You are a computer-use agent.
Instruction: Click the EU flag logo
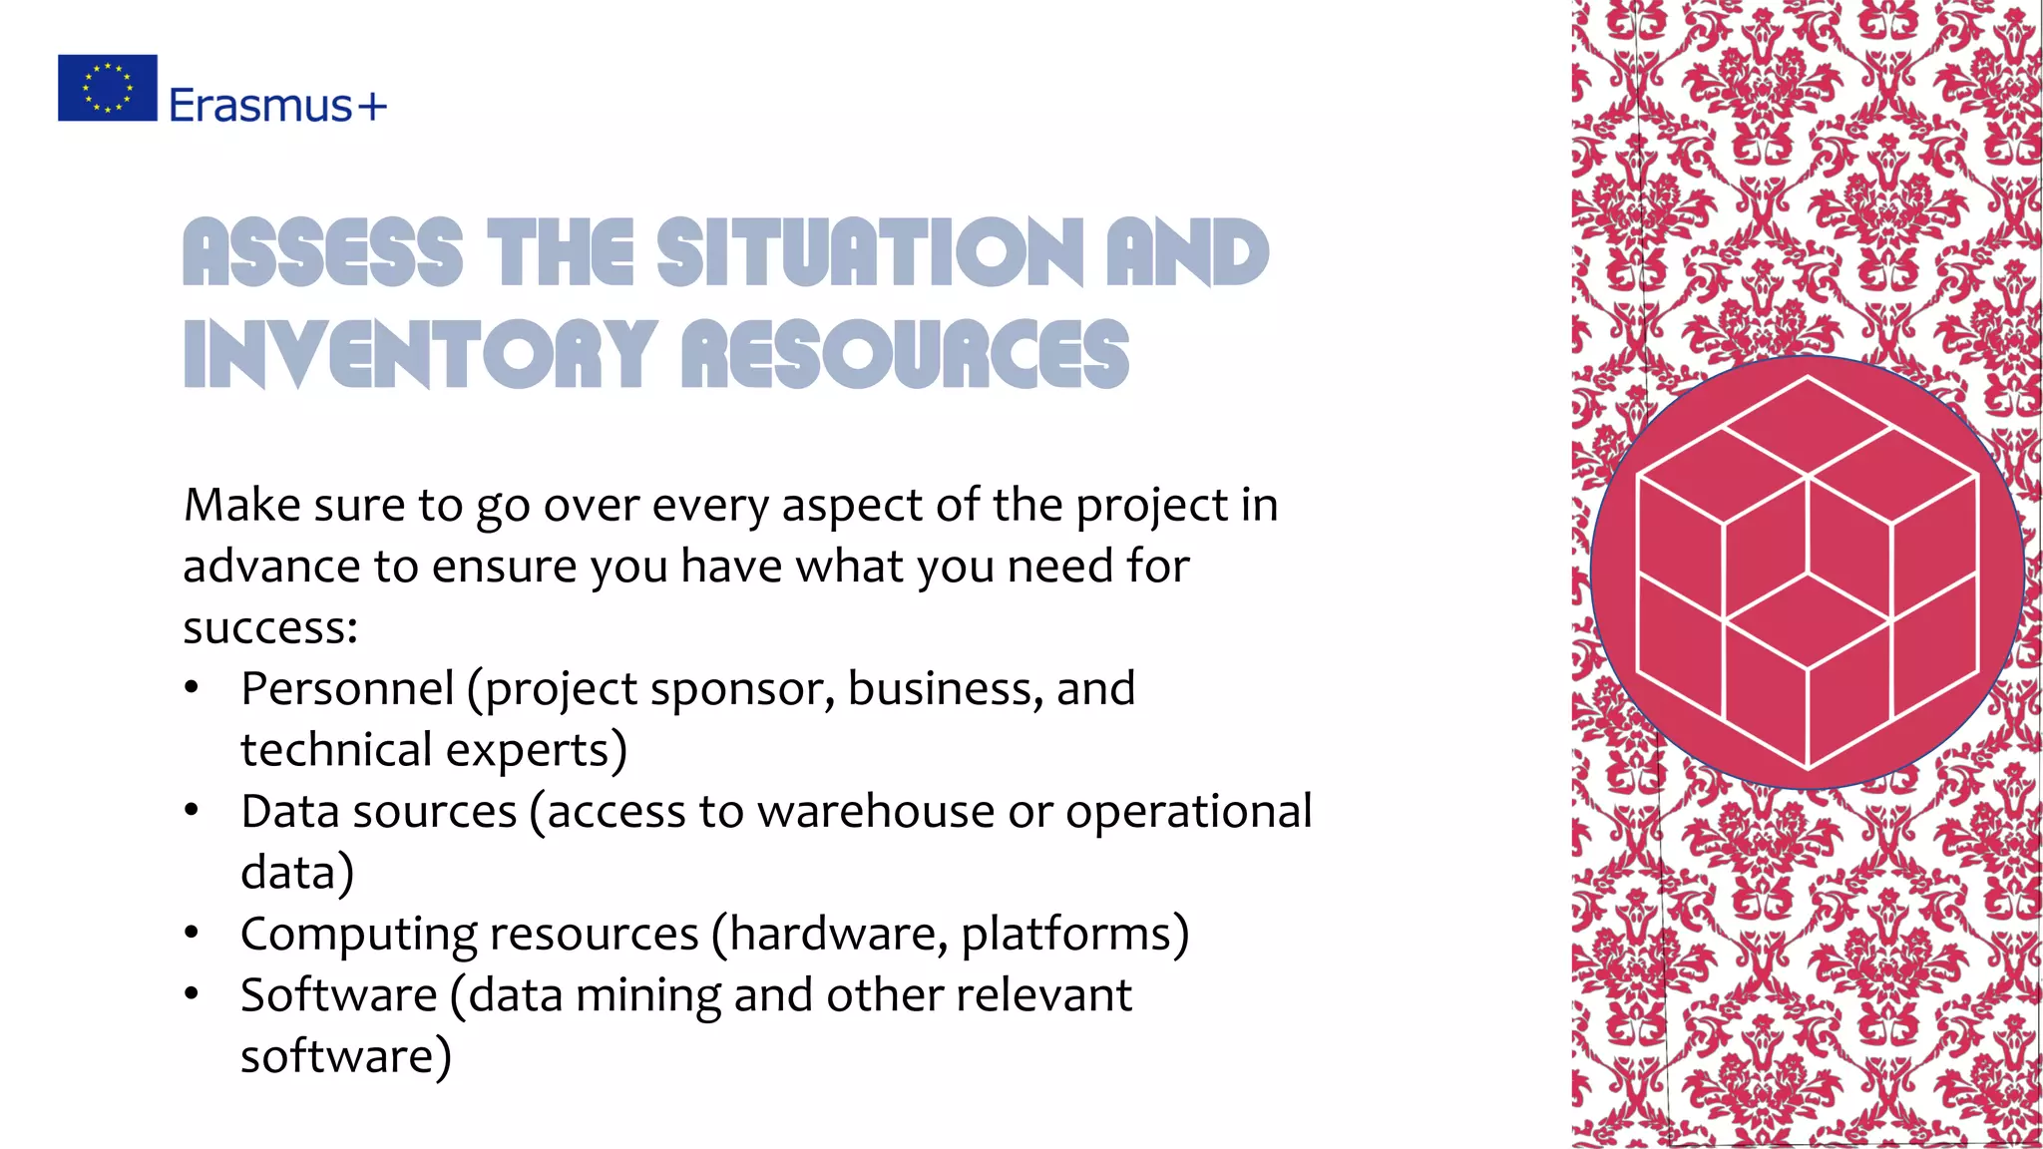(x=108, y=88)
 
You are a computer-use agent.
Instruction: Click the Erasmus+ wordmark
(x=277, y=105)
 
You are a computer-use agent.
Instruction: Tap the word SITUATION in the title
(x=869, y=252)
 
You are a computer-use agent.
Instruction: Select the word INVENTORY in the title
(x=420, y=354)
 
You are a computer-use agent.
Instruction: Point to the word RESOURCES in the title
(x=906, y=354)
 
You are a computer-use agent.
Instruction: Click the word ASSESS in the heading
(x=323, y=252)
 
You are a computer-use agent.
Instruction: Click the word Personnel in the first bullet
(x=347, y=688)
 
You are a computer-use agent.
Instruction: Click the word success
(x=265, y=628)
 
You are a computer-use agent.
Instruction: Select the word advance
(x=272, y=567)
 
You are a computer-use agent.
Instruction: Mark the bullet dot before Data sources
(x=192, y=811)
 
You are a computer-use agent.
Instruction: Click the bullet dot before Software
(x=192, y=994)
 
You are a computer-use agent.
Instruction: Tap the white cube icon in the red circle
(x=1807, y=573)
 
